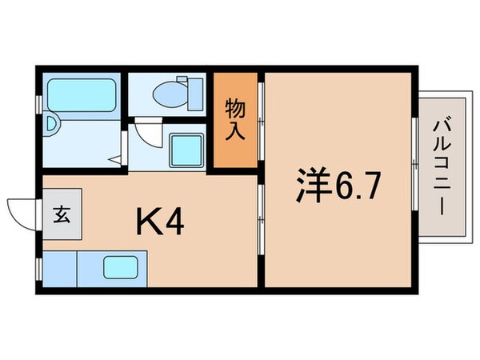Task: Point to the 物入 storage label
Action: click(x=234, y=120)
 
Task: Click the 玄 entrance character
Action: click(x=61, y=214)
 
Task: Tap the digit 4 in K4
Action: click(x=175, y=222)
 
